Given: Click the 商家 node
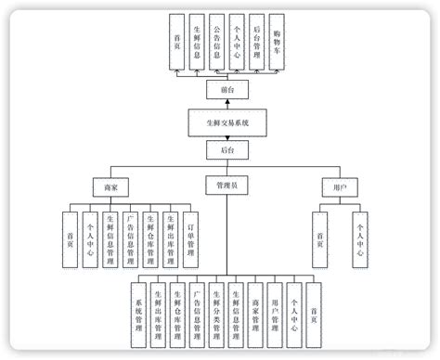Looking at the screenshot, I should click(111, 186).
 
